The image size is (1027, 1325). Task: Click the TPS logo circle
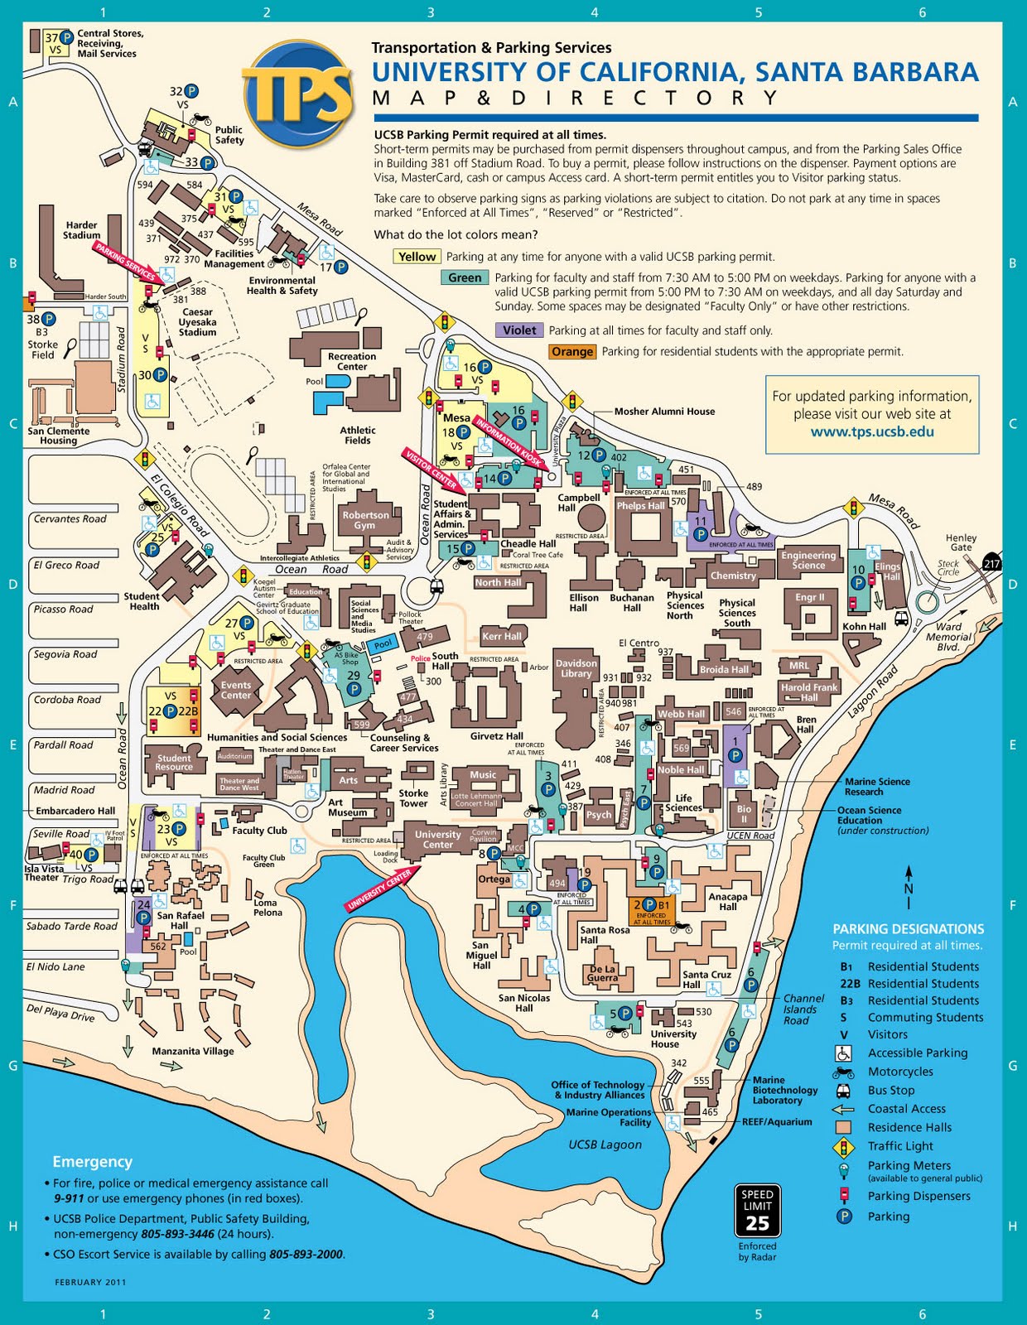point(297,92)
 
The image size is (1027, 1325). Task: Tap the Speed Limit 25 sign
point(757,1211)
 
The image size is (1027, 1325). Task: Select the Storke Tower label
point(413,798)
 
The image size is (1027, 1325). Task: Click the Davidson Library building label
point(576,668)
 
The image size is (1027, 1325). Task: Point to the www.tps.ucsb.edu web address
point(872,431)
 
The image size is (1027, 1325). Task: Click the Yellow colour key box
point(417,257)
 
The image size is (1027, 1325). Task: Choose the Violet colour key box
point(519,330)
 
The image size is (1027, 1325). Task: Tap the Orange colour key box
point(572,351)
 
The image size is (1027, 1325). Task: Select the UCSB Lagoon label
point(605,1144)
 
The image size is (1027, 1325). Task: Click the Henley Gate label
point(961,542)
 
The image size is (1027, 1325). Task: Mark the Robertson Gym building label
point(365,520)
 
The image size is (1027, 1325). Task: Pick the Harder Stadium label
point(81,229)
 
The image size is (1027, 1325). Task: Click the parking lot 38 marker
point(41,319)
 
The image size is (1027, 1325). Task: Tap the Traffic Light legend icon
point(843,1147)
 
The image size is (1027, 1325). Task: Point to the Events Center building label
point(236,690)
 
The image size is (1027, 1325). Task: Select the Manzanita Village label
point(193,1051)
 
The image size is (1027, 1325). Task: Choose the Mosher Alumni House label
point(664,411)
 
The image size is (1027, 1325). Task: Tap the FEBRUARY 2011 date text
point(90,1282)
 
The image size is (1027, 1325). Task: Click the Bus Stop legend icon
point(843,1091)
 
